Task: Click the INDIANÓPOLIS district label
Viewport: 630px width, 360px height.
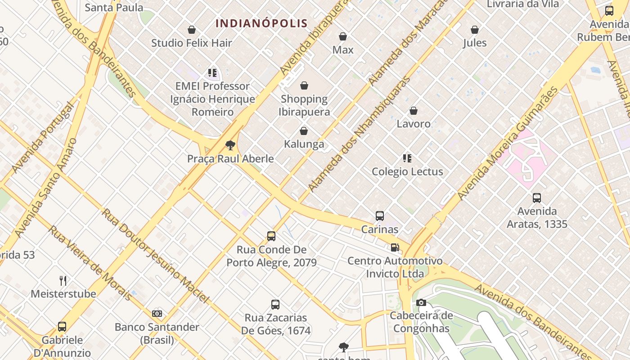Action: tap(261, 23)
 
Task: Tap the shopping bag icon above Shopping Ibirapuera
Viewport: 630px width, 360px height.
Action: tap(304, 85)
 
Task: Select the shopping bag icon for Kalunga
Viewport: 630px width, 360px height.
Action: tap(304, 131)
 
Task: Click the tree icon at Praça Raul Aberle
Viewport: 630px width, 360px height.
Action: tap(230, 145)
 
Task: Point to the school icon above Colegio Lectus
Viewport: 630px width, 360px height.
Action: tap(407, 158)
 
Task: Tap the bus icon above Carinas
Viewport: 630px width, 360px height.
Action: tap(380, 216)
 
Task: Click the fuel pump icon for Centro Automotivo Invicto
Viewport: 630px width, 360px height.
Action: tap(395, 247)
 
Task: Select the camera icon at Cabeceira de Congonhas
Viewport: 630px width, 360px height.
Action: tap(421, 302)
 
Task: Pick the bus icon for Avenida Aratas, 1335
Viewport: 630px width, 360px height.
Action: tap(536, 198)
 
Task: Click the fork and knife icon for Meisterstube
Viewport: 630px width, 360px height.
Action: tap(63, 281)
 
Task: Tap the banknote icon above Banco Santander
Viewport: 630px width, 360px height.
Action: tap(157, 313)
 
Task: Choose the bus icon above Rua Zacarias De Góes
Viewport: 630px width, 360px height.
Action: tap(275, 304)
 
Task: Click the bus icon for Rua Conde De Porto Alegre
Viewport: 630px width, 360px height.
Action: tap(271, 236)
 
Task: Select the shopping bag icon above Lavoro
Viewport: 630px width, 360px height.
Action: tap(414, 111)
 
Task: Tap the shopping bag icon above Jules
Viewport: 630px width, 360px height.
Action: tap(475, 30)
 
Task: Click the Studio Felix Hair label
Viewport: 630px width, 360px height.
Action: tap(192, 43)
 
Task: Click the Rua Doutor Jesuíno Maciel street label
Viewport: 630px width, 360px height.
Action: tap(155, 255)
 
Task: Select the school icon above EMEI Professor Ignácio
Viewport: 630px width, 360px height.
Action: tap(212, 72)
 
